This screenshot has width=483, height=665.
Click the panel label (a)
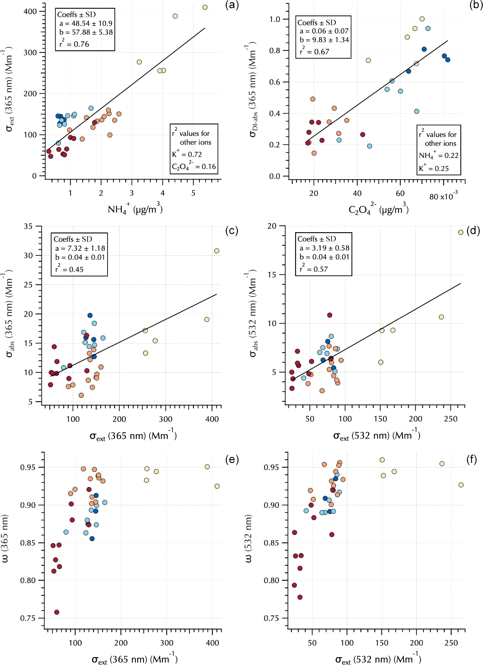(x=232, y=5)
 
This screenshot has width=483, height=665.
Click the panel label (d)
(x=473, y=231)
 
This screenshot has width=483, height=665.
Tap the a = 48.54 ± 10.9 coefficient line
(x=86, y=23)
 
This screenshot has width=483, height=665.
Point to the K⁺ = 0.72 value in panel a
(x=187, y=154)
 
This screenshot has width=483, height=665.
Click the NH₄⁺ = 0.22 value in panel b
(x=438, y=155)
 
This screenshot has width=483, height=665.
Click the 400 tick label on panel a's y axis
(x=30, y=11)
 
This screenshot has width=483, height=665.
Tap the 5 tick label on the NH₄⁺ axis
(x=193, y=193)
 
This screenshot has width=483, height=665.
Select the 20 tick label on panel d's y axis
(x=272, y=226)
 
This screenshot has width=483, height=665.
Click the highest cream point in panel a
(x=205, y=7)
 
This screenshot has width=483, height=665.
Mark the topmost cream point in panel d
(x=461, y=232)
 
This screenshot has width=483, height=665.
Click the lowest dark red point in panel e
(x=57, y=612)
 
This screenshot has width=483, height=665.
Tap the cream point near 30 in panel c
(x=217, y=251)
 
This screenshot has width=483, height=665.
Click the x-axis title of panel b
(x=379, y=209)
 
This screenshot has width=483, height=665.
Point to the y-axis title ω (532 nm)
(x=249, y=539)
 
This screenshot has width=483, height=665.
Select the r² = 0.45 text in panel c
(x=69, y=269)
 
